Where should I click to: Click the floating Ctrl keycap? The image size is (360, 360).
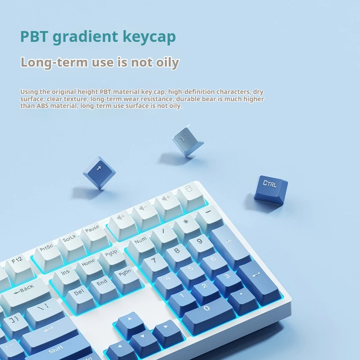tap(271, 190)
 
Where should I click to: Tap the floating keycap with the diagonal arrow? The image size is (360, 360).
tap(99, 172)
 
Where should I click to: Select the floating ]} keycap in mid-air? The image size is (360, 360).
tap(187, 141)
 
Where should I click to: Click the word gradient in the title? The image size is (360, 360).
tap(85, 37)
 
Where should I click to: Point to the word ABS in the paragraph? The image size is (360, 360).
tap(42, 106)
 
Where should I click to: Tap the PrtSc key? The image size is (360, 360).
tap(48, 256)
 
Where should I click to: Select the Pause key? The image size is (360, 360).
tap(94, 237)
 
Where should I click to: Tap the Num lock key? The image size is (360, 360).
tap(141, 248)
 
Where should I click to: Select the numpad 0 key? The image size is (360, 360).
tap(208, 315)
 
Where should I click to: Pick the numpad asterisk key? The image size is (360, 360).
tap(186, 229)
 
